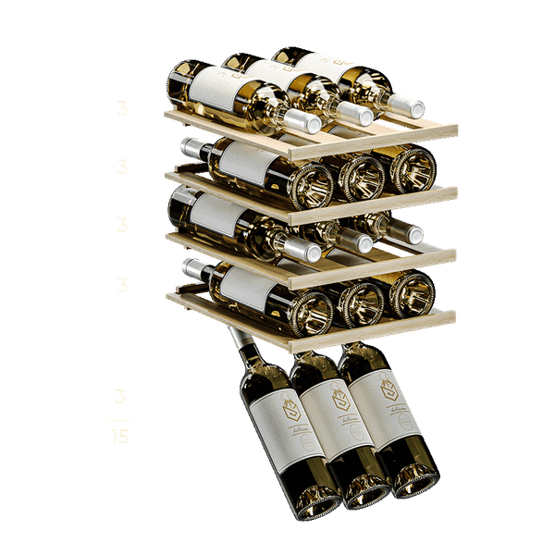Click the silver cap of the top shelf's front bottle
[x=302, y=120]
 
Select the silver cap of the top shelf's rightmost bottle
[x=404, y=103]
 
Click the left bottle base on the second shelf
[x=310, y=186]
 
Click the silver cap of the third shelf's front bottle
[x=302, y=248]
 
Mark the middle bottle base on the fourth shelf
[x=362, y=301]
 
